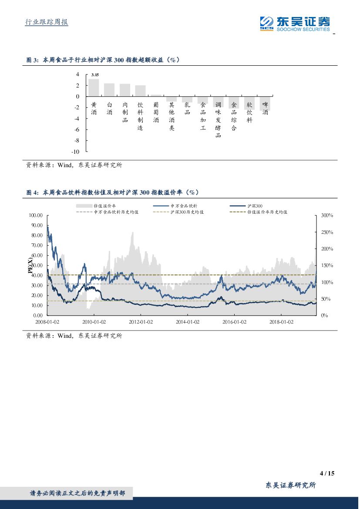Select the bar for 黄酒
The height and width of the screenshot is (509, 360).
94,88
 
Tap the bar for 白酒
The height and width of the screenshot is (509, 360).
109,90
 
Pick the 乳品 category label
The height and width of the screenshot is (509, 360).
187,105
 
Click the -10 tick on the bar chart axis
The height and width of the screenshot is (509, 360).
75,152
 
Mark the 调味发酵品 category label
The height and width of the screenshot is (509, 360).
219,120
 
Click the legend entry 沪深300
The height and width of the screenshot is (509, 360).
254,206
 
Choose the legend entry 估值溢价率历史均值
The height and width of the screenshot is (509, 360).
267,212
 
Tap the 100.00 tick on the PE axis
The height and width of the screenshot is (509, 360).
35,216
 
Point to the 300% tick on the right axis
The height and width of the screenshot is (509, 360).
326,216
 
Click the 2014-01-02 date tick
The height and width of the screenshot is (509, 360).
188,322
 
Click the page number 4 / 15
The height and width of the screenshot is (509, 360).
326,473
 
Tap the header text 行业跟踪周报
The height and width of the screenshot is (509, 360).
44,22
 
